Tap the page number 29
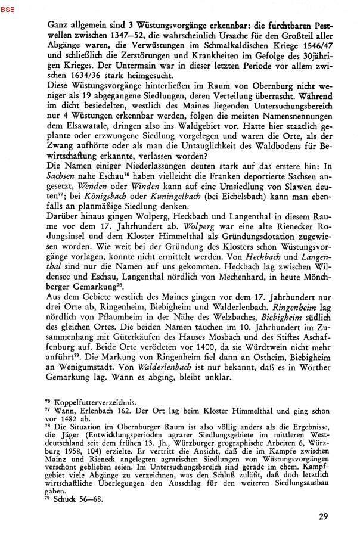click(x=323, y=516)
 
